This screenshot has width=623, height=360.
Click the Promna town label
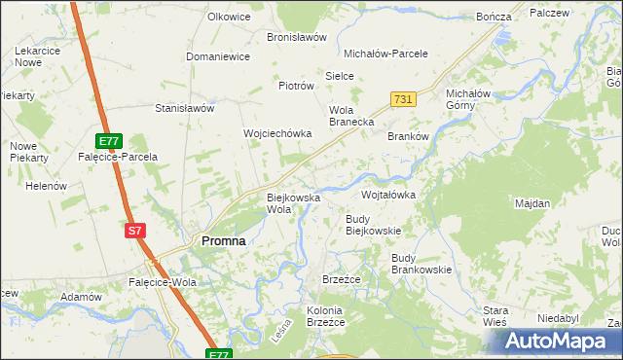[x=222, y=240]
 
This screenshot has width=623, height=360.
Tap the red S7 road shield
[x=136, y=231]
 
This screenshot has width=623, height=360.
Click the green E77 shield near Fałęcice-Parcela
[x=110, y=140]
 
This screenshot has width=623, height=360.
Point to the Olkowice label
[x=229, y=17]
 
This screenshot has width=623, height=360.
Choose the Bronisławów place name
[x=297, y=37]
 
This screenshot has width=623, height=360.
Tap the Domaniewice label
[x=218, y=56]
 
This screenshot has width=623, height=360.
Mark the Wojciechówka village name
[x=276, y=133]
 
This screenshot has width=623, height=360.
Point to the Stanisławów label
[x=184, y=109]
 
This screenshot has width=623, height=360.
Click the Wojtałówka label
[x=388, y=195]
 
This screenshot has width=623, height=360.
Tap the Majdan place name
[x=532, y=204]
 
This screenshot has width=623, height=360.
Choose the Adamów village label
[x=81, y=297]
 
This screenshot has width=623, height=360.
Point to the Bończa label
[x=495, y=18]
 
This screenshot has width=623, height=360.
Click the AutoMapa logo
[x=556, y=342]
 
